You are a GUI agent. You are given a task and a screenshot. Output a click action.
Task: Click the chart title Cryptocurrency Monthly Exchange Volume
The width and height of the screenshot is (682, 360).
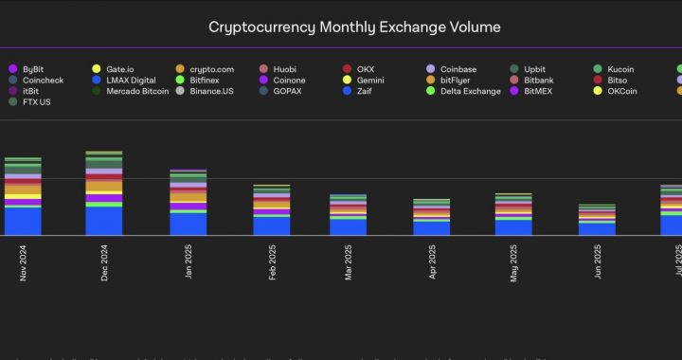[341, 27]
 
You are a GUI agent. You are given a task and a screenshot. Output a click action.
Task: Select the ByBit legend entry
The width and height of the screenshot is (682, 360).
[32, 69]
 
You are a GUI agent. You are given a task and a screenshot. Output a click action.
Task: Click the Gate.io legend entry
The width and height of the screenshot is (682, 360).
[119, 69]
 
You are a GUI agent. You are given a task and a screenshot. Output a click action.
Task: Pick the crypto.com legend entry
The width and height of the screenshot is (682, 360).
[211, 69]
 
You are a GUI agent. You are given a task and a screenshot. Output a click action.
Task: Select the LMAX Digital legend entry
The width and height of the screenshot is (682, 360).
[131, 81]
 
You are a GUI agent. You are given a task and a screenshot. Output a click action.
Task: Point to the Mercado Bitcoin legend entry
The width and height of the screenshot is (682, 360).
[137, 91]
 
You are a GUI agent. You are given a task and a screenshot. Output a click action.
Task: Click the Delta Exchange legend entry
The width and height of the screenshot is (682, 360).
[470, 91]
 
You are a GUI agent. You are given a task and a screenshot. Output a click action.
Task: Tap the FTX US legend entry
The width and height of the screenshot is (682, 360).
[36, 101]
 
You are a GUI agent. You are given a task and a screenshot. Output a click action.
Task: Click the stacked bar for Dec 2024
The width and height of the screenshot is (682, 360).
[104, 194]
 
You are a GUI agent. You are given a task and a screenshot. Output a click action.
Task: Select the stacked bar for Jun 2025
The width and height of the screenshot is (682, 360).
[597, 220]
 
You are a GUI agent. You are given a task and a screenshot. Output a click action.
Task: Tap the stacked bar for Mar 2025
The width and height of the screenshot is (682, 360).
[348, 215]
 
